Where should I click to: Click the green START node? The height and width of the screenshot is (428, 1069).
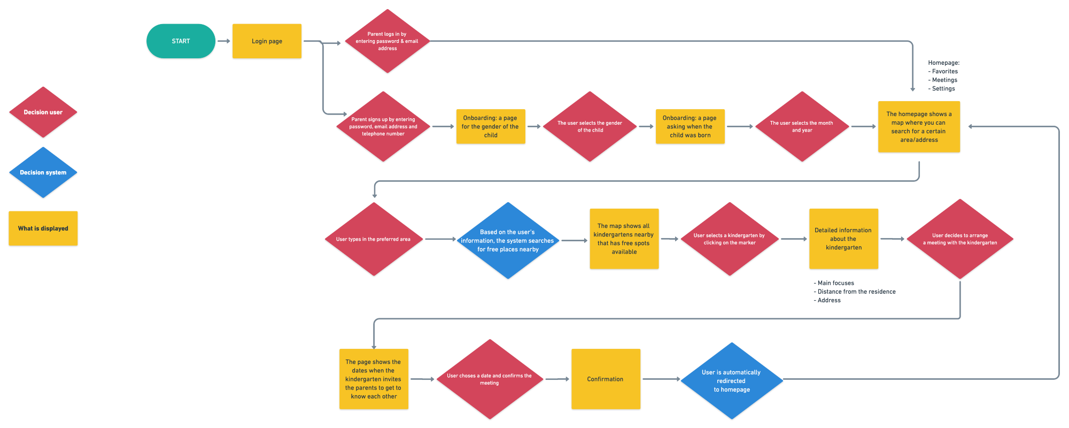coord(181,41)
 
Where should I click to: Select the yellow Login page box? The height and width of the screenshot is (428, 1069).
coord(267,41)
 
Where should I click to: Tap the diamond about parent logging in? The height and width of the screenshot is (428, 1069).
coord(387,41)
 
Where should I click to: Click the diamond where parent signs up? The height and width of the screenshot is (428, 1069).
coord(383,126)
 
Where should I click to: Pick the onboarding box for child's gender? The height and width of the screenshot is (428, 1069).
coord(490,126)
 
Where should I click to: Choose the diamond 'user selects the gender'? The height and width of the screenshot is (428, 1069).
coord(590,126)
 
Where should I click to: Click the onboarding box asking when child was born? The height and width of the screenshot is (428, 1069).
coord(690,126)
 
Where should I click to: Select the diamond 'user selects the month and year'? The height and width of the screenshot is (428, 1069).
coord(801,126)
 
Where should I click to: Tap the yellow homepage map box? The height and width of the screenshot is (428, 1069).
coord(919,127)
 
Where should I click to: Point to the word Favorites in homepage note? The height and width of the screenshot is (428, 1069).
coord(944,71)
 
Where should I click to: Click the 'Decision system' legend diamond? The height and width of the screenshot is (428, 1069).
coord(43,172)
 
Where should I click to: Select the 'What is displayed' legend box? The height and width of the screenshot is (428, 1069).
coord(43,228)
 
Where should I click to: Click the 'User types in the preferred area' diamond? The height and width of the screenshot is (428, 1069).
coord(373,239)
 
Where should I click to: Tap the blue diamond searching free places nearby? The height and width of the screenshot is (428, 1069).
coord(508,240)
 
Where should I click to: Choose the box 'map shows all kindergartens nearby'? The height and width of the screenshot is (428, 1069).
coord(624,239)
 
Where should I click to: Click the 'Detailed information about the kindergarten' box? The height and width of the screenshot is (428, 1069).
coord(843,239)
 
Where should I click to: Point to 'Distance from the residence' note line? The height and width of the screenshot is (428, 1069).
coord(856,292)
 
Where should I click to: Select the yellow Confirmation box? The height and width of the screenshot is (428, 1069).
coord(605,379)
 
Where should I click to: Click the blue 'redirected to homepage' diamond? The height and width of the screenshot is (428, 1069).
coord(731,380)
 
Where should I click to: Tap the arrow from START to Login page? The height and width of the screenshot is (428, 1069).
coord(224,41)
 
